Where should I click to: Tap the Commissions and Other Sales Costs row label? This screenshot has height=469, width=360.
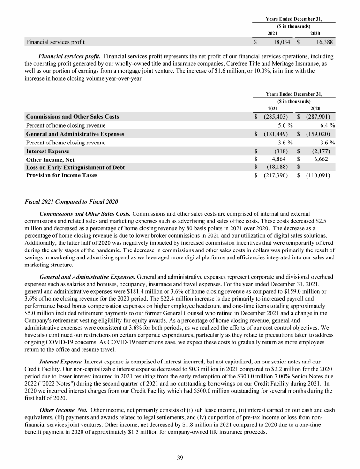click(x=73, y=116)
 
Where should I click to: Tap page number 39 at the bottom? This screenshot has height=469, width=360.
click(x=180, y=458)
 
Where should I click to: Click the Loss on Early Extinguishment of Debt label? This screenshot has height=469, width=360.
click(x=75, y=167)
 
